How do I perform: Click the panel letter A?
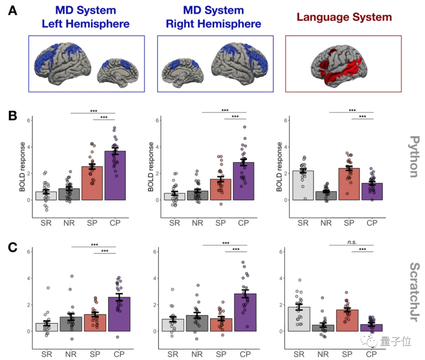point(13,11)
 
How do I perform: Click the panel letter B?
point(13,115)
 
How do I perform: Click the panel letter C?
point(13,247)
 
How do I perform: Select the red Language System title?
point(344,17)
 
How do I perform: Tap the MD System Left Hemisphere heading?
point(85,17)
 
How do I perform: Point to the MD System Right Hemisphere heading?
point(213,17)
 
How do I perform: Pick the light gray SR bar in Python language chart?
point(303,185)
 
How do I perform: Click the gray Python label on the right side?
point(415,156)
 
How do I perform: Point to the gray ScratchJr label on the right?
point(415,291)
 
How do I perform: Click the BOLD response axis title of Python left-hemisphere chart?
point(22,167)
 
